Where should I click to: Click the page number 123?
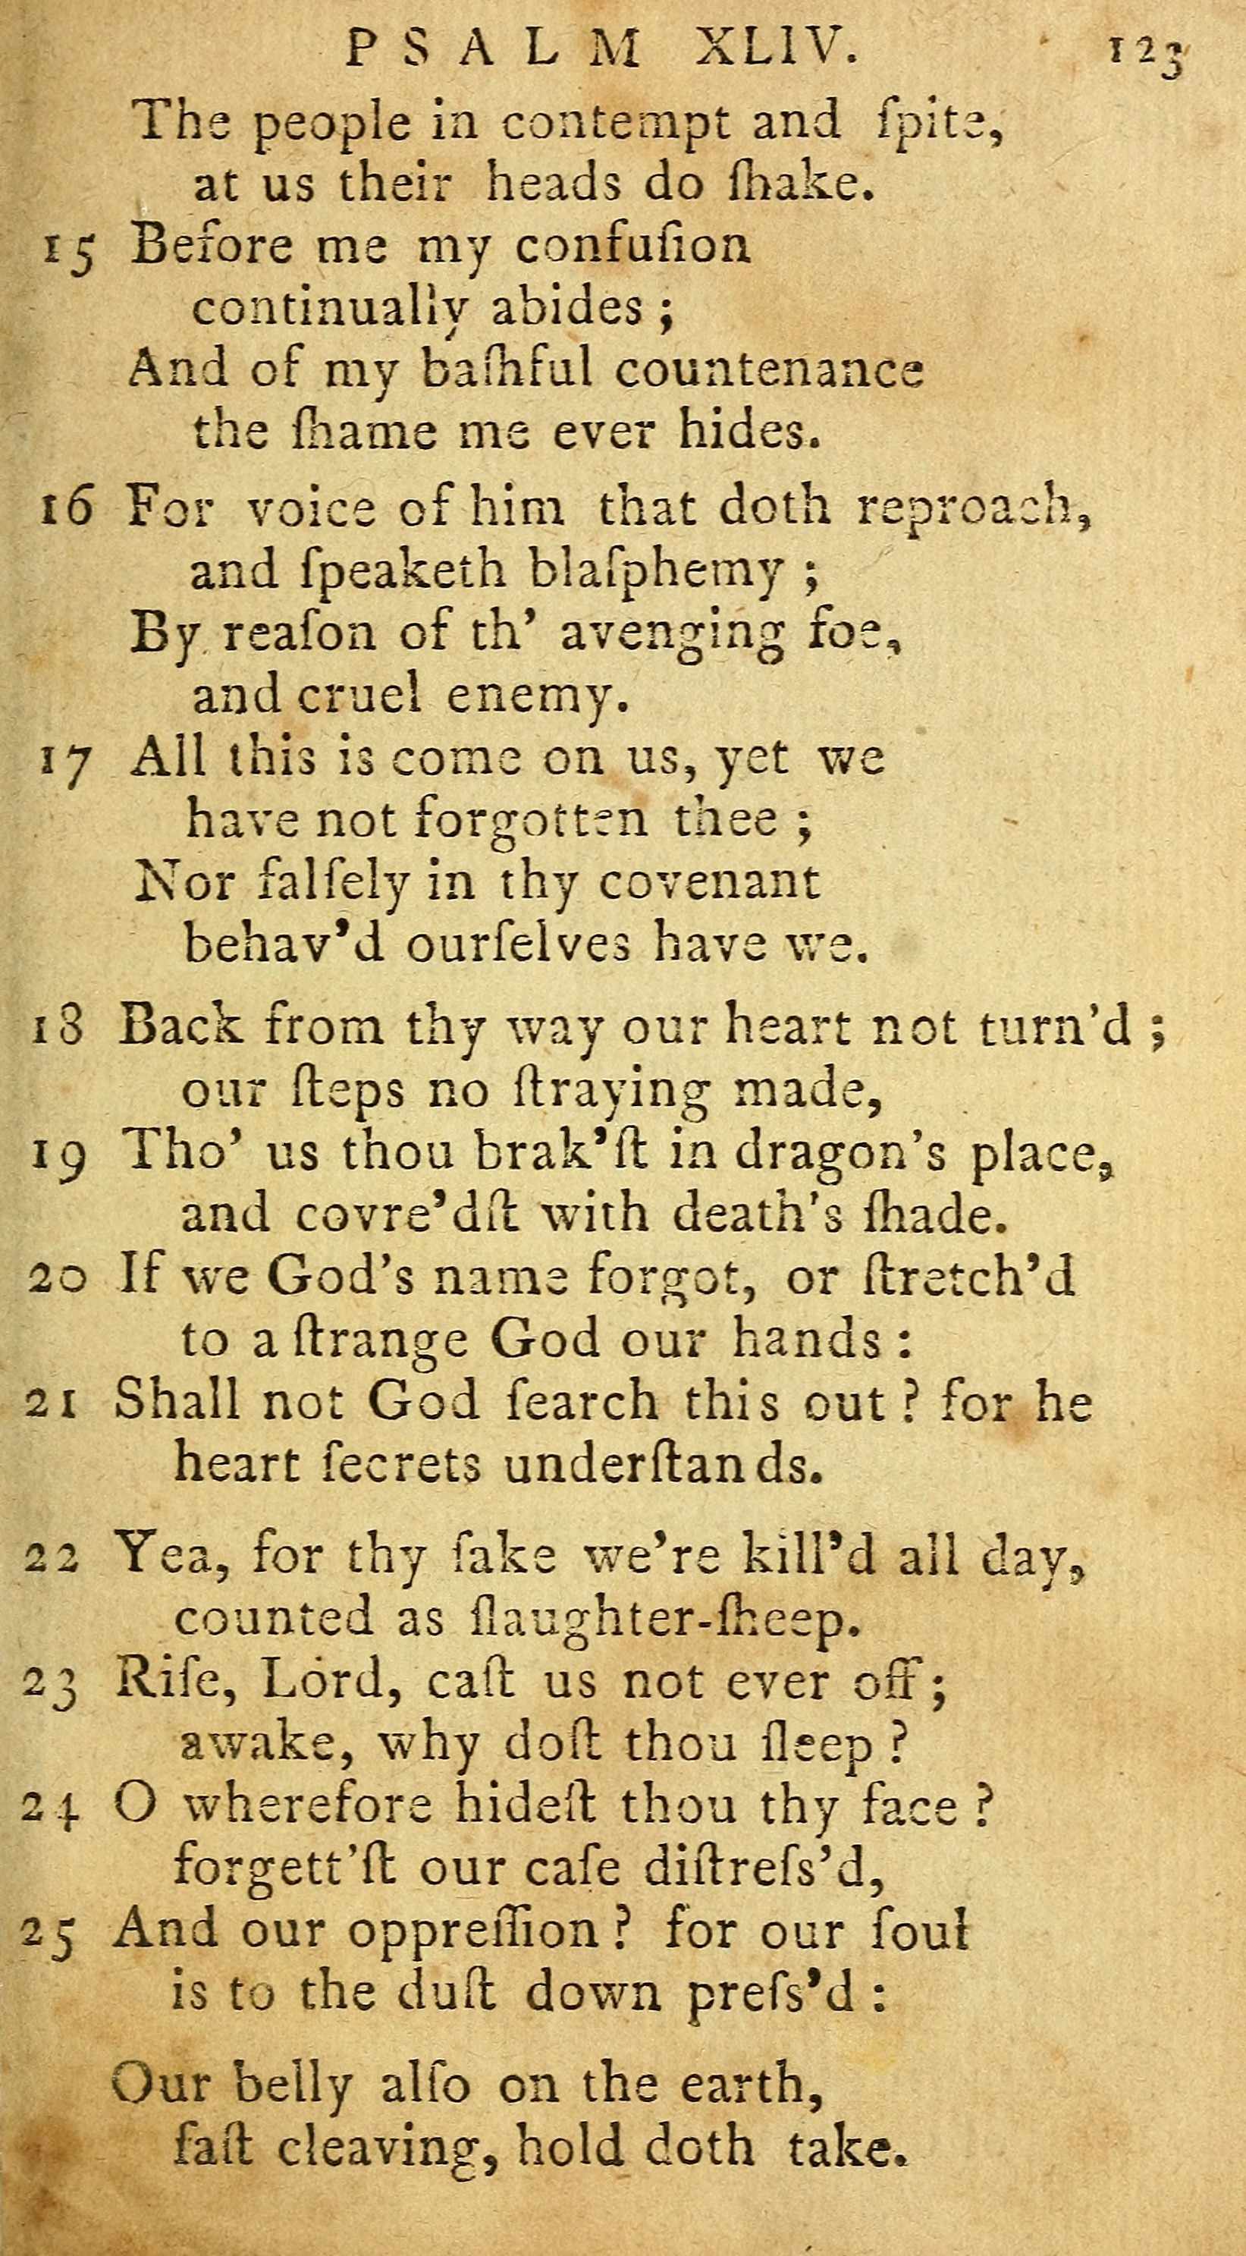(x=1147, y=55)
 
